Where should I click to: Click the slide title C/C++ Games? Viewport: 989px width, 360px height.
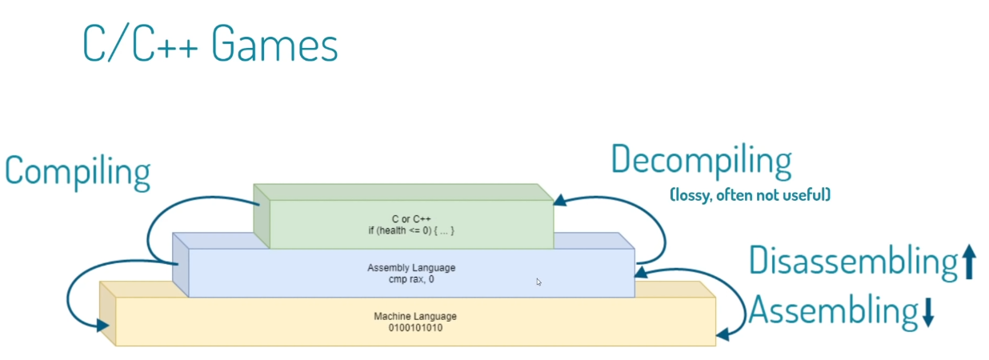pyautogui.click(x=210, y=45)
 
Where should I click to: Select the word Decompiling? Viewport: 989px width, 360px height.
pyautogui.click(x=701, y=162)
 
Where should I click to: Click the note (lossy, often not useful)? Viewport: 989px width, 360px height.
pyautogui.click(x=749, y=194)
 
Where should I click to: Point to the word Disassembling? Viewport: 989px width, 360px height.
pyautogui.click(x=853, y=261)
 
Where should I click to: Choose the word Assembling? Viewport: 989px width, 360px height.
pyautogui.click(x=832, y=311)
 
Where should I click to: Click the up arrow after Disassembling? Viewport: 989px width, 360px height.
pyautogui.click(x=969, y=262)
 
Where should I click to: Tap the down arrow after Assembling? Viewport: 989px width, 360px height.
pyautogui.click(x=928, y=313)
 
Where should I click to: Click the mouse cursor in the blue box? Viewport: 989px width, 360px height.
pyautogui.click(x=539, y=282)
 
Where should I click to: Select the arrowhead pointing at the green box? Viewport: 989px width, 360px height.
pyautogui.click(x=561, y=201)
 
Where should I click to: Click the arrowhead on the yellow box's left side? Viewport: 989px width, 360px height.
pyautogui.click(x=103, y=325)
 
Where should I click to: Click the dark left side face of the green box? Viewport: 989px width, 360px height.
pyautogui.click(x=262, y=216)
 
